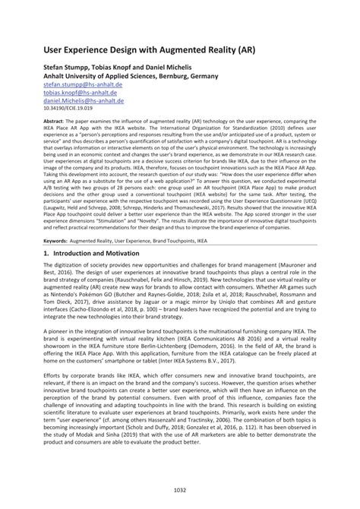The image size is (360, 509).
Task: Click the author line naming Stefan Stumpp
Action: pos(123,68)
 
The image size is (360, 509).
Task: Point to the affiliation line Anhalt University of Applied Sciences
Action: pos(131,77)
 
